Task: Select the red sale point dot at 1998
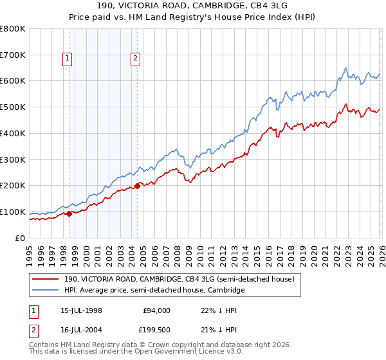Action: coord(69,214)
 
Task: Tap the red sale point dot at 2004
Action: coord(138,186)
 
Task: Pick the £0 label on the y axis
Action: coord(20,238)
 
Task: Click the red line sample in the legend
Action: coord(46,279)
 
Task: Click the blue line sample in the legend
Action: coord(46,291)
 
